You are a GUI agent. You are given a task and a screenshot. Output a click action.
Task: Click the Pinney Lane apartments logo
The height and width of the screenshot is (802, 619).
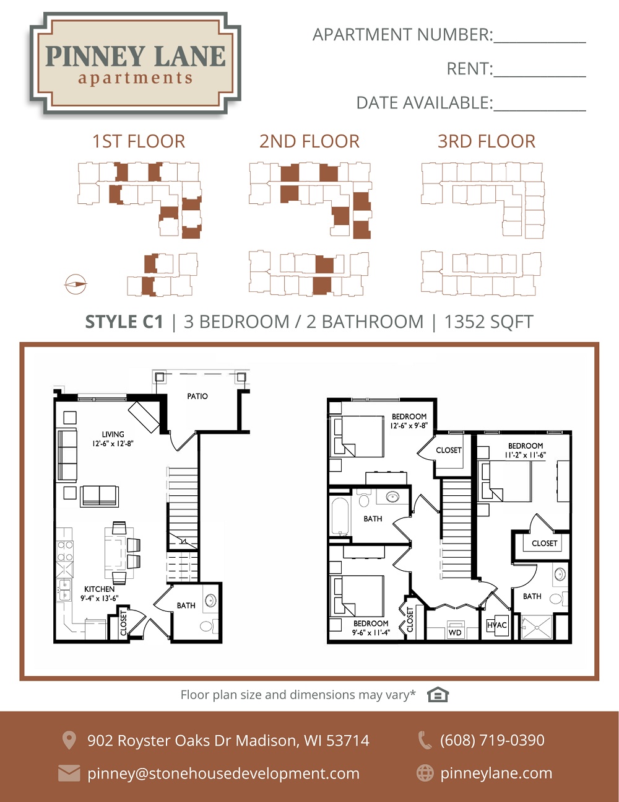(x=135, y=63)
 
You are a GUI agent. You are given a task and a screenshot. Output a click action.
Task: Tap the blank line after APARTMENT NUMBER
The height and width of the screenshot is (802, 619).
(x=539, y=42)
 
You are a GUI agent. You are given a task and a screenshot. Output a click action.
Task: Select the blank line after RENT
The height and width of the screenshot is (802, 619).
(x=539, y=76)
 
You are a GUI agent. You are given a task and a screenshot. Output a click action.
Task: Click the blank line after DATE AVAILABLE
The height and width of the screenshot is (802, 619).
(x=539, y=110)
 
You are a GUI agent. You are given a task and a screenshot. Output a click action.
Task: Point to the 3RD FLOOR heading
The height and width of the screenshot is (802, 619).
(x=487, y=141)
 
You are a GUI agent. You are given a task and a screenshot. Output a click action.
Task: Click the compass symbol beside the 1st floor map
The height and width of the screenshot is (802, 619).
(x=76, y=284)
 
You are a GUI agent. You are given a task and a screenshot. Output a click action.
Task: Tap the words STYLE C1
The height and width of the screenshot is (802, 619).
(x=124, y=322)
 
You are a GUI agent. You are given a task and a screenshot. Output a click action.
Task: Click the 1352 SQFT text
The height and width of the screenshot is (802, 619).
(x=489, y=322)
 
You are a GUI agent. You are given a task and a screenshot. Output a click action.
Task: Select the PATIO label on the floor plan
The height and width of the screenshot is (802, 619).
(x=197, y=397)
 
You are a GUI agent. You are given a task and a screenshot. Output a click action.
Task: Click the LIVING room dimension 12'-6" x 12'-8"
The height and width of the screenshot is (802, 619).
(x=113, y=443)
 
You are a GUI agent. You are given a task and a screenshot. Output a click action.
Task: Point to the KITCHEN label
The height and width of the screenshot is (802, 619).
(x=100, y=589)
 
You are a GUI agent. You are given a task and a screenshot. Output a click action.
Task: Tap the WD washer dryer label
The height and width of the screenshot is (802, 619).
(x=455, y=633)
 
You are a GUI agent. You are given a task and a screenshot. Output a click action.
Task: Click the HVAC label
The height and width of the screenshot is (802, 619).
(x=497, y=625)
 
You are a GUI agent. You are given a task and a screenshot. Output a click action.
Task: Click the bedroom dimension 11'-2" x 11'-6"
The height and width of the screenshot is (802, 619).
(x=526, y=456)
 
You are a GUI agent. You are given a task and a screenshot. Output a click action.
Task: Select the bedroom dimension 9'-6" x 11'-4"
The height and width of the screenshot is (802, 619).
(x=371, y=633)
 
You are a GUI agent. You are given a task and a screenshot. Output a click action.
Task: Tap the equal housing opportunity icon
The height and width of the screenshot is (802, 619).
(x=438, y=695)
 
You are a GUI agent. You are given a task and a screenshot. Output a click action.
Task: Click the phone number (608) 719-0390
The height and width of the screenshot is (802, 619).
(x=492, y=741)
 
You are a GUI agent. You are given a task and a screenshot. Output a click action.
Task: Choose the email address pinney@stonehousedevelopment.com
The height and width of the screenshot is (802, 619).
(x=223, y=773)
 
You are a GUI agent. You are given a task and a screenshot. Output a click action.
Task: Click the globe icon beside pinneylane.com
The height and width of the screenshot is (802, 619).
(x=425, y=773)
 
